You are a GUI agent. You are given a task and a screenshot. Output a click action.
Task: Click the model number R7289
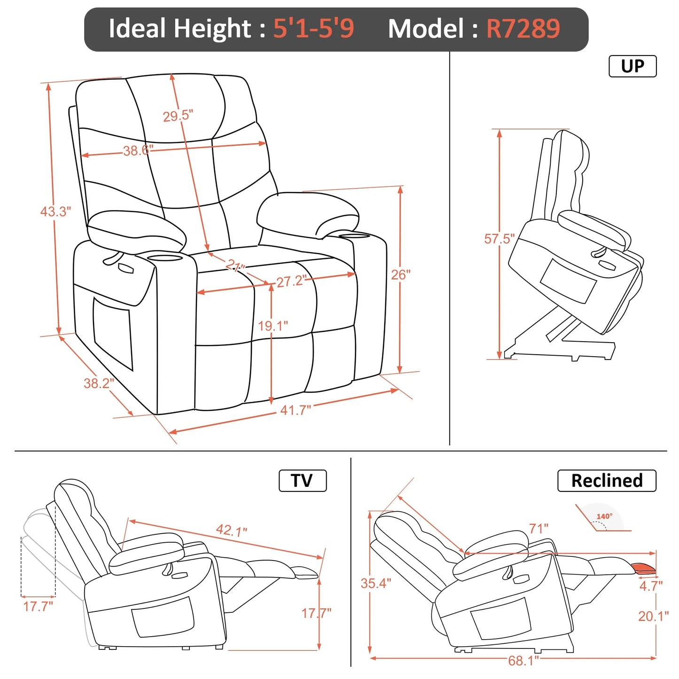(x=523, y=29)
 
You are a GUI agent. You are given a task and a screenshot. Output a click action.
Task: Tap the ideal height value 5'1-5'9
(x=313, y=29)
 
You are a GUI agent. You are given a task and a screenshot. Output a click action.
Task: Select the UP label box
(x=632, y=66)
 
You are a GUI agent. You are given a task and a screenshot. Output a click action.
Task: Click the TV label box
(x=302, y=481)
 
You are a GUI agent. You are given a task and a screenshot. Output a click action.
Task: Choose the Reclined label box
(x=606, y=481)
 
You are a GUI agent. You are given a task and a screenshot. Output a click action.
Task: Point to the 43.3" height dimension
(x=55, y=211)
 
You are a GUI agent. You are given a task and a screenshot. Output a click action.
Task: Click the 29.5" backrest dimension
(x=178, y=116)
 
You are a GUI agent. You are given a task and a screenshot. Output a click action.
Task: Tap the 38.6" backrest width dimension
(x=138, y=151)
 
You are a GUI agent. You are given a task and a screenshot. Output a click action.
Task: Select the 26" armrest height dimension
(x=401, y=274)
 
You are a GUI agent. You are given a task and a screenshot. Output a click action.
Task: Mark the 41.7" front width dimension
(x=296, y=410)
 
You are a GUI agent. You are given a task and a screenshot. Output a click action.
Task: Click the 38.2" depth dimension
(x=99, y=383)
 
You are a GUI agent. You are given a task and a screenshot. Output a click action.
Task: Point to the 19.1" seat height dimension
(x=273, y=326)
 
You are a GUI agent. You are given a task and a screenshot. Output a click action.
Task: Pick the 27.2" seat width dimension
(x=291, y=281)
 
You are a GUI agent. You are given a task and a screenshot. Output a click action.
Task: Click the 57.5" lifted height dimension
(x=499, y=239)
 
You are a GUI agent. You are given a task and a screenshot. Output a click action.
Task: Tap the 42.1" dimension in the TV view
(x=231, y=531)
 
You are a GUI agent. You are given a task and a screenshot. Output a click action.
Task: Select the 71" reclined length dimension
(x=539, y=529)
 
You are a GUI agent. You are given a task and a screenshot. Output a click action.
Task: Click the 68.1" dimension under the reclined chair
(x=523, y=661)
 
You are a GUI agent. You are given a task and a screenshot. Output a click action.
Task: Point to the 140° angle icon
(x=604, y=519)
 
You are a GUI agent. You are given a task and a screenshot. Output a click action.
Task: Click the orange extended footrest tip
(x=645, y=568)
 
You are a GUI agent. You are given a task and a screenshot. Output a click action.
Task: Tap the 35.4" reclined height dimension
(x=375, y=583)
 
